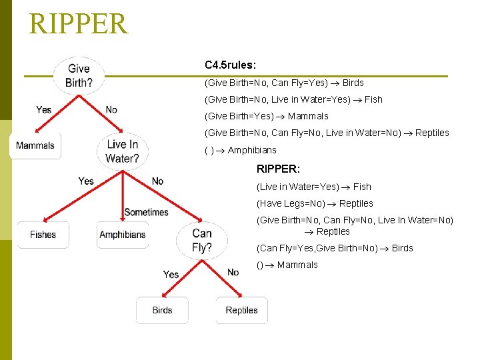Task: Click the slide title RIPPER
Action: click(x=78, y=23)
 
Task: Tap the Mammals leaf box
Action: click(x=35, y=146)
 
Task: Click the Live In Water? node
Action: click(x=122, y=151)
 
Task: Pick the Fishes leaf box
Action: click(x=43, y=235)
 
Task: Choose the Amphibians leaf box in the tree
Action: click(x=122, y=235)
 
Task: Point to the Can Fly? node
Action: click(x=201, y=241)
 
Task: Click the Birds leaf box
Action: click(x=162, y=311)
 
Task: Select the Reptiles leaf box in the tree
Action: click(x=241, y=311)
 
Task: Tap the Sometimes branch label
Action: click(x=146, y=212)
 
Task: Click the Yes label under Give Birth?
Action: click(x=44, y=109)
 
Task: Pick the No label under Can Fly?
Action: click(x=233, y=272)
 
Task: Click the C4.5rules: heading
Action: click(x=230, y=65)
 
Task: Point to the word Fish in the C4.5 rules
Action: click(x=373, y=99)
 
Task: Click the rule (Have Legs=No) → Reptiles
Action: click(x=315, y=203)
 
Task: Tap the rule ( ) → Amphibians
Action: click(x=240, y=150)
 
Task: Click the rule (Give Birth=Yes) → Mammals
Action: click(x=266, y=116)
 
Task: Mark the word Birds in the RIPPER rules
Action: click(x=403, y=248)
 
